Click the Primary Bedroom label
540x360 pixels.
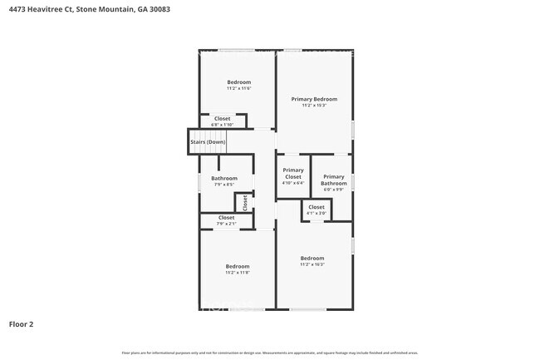pyautogui.click(x=314, y=99)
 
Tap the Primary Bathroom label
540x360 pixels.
pyautogui.click(x=333, y=180)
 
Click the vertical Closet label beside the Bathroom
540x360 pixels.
pyautogui.click(x=245, y=203)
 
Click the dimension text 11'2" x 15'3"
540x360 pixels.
pyautogui.click(x=314, y=106)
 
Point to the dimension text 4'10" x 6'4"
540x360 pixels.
pyautogui.click(x=293, y=183)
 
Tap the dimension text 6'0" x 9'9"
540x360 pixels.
pyautogui.click(x=333, y=190)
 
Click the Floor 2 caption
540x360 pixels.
pyautogui.click(x=21, y=323)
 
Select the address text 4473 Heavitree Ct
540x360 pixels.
pyautogui.click(x=42, y=10)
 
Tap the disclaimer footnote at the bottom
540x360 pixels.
pyautogui.click(x=270, y=353)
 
